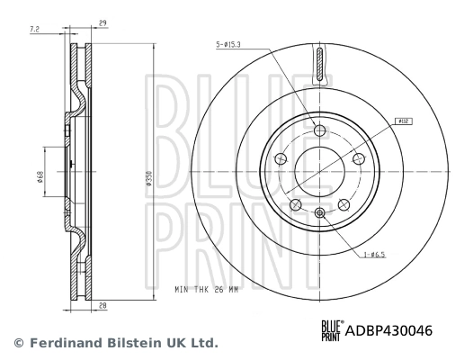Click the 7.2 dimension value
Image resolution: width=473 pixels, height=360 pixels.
pyautogui.click(x=35, y=30)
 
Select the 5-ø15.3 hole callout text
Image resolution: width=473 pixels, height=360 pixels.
pyautogui.click(x=232, y=44)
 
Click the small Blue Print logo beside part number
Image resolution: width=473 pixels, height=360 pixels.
pyautogui.click(x=331, y=330)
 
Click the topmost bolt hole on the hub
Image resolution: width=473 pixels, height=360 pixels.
pyautogui.click(x=319, y=130)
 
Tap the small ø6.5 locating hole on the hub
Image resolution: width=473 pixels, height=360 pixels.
pyautogui.click(x=319, y=212)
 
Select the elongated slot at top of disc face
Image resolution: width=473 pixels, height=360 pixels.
pyautogui.click(x=319, y=65)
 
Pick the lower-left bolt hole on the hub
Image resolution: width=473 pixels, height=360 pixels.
pyautogui.click(x=295, y=205)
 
